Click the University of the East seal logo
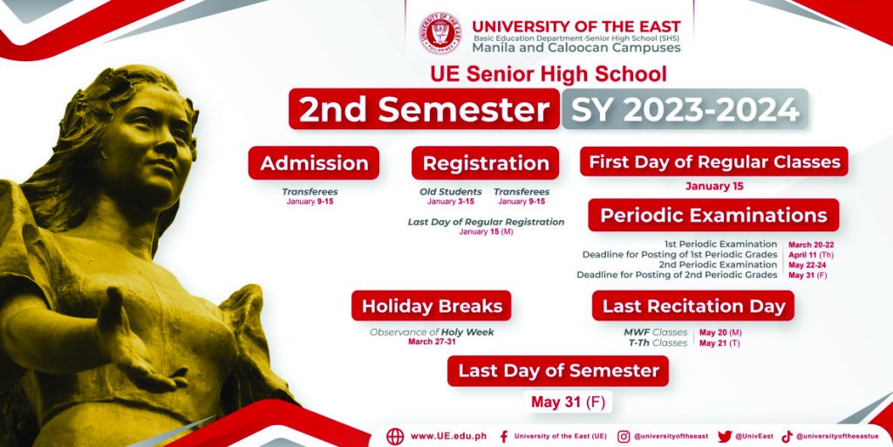(x=442, y=33)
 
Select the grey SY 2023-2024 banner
(x=685, y=110)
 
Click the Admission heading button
(x=314, y=163)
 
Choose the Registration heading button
(x=486, y=163)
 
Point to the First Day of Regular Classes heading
(x=714, y=162)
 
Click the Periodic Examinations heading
(x=713, y=215)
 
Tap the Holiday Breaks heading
(x=432, y=306)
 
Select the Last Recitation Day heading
(x=693, y=306)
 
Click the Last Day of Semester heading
(x=558, y=370)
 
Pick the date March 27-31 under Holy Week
(x=432, y=342)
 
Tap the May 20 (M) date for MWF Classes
(x=719, y=333)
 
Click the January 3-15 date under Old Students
(x=451, y=202)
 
